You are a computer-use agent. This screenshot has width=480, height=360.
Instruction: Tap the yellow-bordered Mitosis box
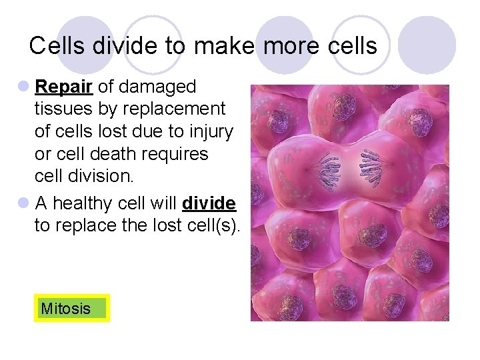point(71,309)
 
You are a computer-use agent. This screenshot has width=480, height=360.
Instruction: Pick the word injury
point(211,132)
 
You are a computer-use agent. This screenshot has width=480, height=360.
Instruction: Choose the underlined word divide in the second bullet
point(209,203)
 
